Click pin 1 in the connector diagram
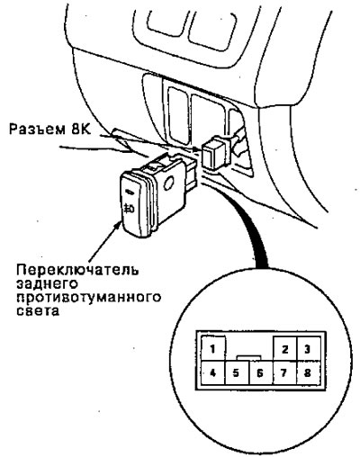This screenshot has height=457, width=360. click(213, 348)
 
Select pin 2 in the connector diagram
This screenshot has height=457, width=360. click(285, 349)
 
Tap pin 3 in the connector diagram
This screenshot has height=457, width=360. click(308, 349)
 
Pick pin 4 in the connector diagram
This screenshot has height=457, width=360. click(213, 372)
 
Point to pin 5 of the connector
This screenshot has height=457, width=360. click(237, 372)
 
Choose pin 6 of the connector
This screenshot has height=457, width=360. click(261, 372)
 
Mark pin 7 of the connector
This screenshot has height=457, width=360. click(284, 372)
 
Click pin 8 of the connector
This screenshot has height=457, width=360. click(308, 372)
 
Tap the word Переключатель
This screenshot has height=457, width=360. click(77, 270)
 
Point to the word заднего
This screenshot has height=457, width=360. click(48, 284)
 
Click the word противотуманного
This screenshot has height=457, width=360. click(89, 298)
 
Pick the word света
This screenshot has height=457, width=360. click(38, 311)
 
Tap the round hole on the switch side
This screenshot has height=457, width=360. click(169, 182)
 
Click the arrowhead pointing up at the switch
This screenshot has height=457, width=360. click(118, 226)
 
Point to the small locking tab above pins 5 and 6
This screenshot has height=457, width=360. click(249, 357)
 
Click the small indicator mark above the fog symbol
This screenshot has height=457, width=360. click(130, 192)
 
